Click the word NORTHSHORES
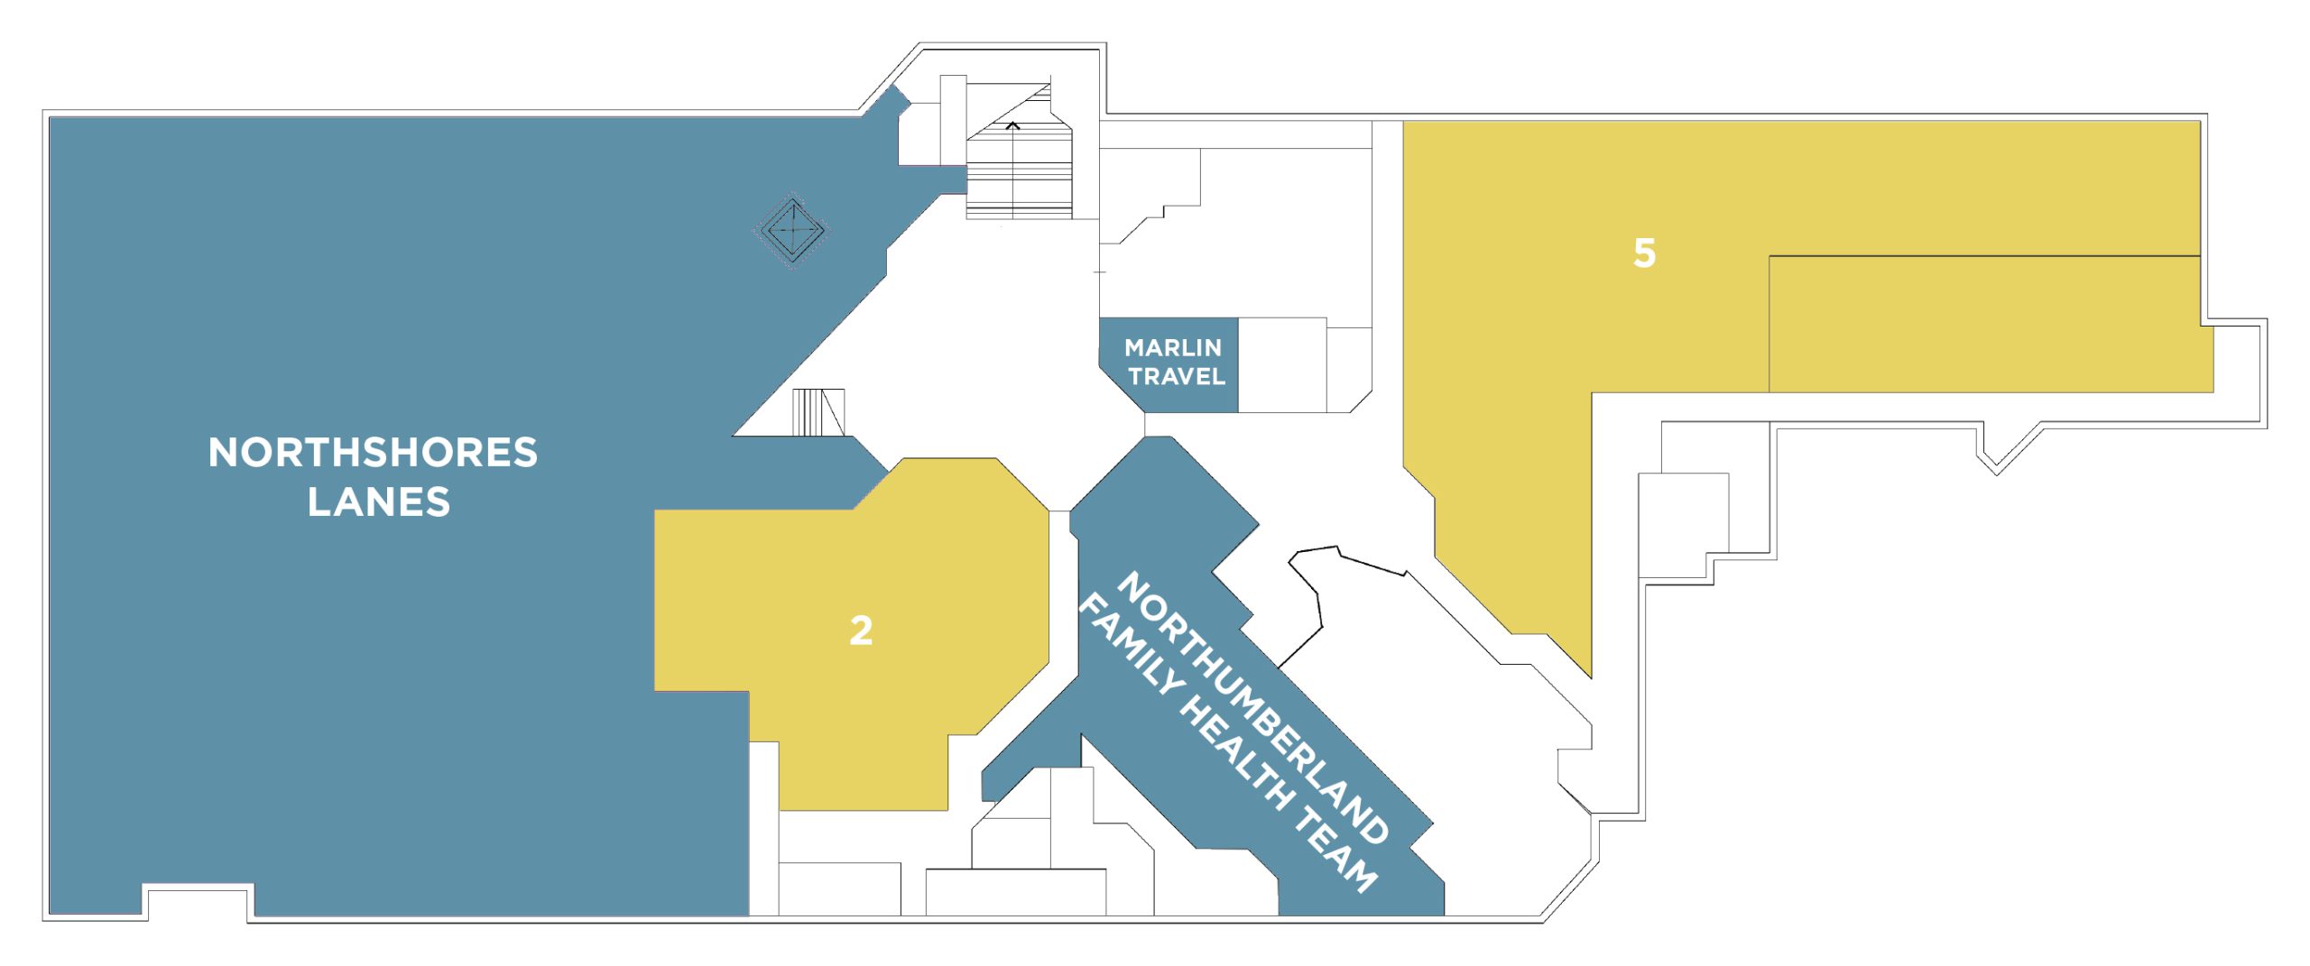(373, 453)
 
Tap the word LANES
(379, 502)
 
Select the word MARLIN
(1173, 347)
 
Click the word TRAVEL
(1177, 376)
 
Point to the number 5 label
(1644, 253)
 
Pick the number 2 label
(861, 630)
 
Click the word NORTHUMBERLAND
(1252, 708)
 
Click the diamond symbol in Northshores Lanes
(791, 230)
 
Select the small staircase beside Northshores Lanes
(818, 412)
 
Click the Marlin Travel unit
(1169, 365)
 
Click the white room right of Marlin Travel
(1282, 365)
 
